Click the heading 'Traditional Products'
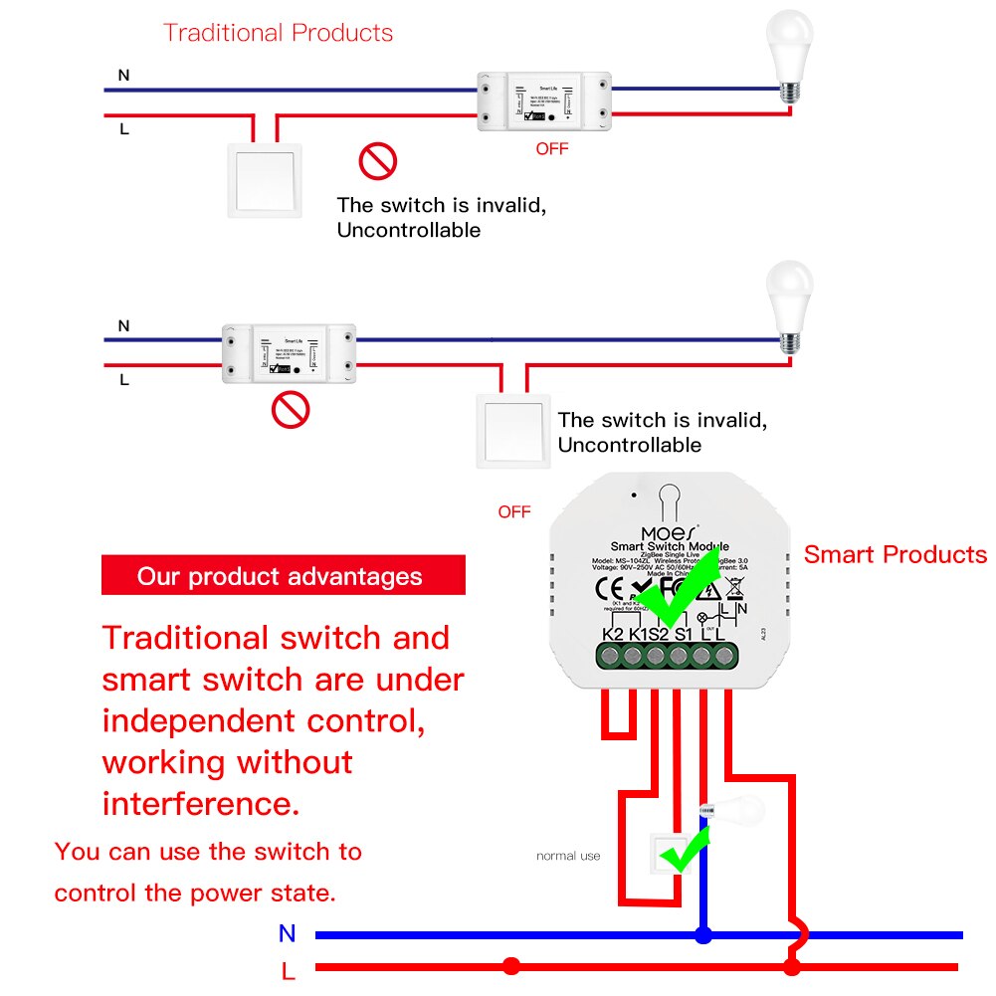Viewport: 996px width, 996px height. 278,33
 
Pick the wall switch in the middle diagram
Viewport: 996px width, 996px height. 512,429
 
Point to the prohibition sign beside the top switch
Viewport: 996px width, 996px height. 378,161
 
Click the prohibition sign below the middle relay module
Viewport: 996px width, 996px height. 291,409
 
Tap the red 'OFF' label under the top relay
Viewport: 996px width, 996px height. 552,149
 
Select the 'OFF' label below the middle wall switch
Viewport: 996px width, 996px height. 514,512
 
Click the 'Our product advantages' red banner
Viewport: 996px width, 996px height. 283,576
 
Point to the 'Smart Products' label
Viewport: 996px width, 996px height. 895,555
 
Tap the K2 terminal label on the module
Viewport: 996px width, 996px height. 613,634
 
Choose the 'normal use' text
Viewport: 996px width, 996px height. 568,856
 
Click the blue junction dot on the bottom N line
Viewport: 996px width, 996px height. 703,935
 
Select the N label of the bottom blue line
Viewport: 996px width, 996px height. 288,933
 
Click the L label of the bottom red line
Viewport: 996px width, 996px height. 288,970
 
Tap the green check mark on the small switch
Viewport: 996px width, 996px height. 685,851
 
